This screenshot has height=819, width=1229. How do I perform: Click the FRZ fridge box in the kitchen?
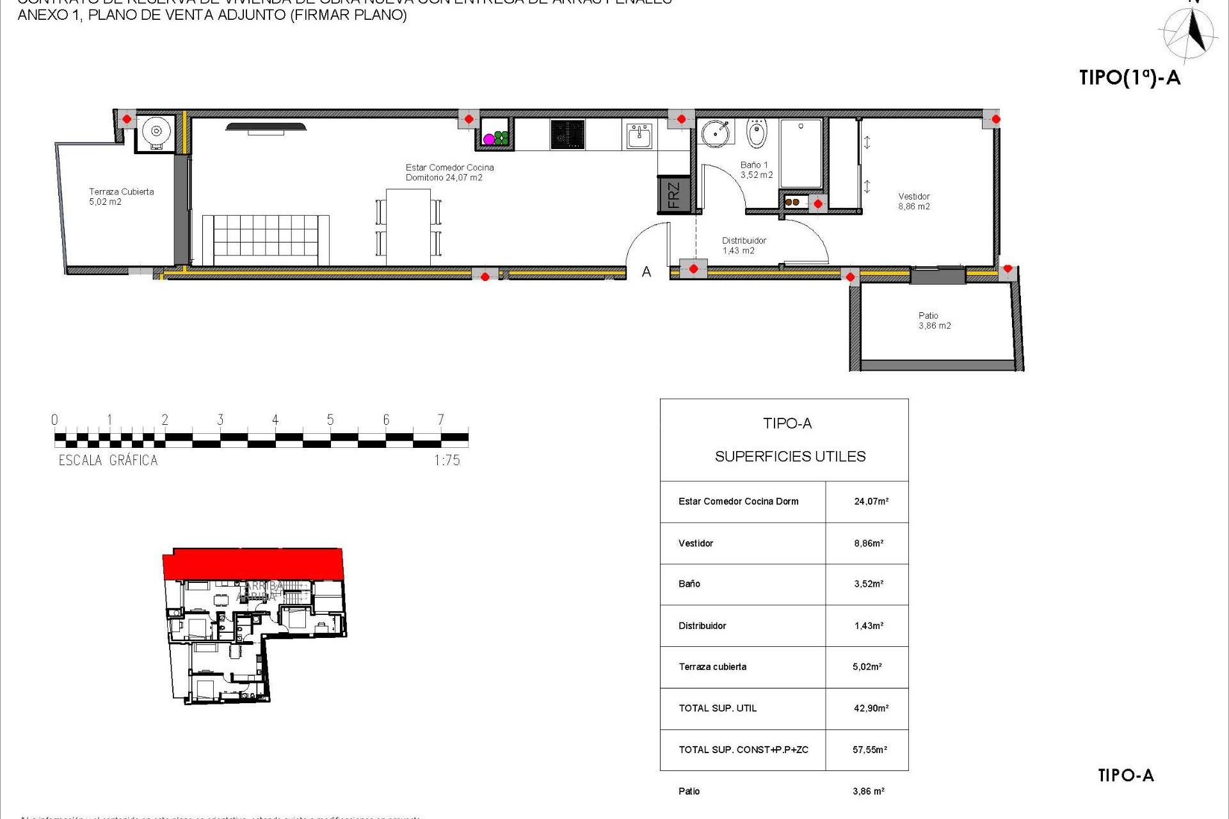point(673,195)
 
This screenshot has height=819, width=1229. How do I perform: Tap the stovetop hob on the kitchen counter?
point(567,134)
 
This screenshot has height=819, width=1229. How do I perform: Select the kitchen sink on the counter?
point(639,136)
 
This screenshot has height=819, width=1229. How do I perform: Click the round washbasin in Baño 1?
point(715,132)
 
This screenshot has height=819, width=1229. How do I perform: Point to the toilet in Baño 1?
point(757,133)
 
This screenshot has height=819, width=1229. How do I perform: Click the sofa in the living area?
point(266,239)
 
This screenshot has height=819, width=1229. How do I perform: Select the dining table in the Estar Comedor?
point(408,227)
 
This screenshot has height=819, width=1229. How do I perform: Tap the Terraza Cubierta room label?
point(121,196)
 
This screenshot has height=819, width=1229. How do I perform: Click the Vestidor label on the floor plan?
point(914,201)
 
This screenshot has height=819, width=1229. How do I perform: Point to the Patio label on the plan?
point(934,321)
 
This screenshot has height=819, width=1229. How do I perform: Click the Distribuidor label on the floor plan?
point(744,246)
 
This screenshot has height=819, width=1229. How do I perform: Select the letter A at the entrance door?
point(647,273)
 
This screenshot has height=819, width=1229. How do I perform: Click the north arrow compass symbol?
point(1191,32)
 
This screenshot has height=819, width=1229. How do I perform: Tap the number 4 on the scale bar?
point(275,420)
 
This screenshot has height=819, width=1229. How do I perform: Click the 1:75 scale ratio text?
point(447,460)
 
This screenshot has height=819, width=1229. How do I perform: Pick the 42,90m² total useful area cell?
point(871,708)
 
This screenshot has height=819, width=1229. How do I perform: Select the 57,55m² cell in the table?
point(869,750)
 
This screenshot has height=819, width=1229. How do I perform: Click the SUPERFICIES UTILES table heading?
point(790,456)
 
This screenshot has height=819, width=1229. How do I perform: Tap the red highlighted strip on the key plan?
point(253,563)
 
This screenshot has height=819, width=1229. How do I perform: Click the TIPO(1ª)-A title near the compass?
point(1129,78)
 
